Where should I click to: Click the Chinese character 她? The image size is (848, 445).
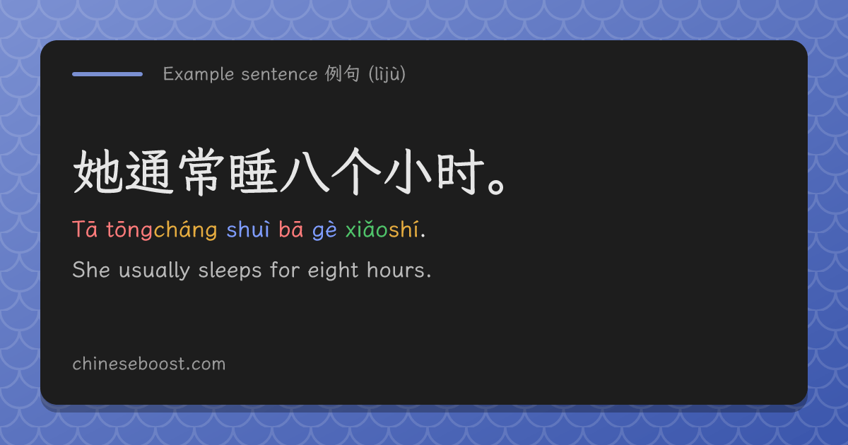(x=98, y=172)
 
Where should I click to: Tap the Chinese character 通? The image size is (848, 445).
(x=150, y=172)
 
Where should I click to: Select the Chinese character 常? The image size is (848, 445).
(x=201, y=172)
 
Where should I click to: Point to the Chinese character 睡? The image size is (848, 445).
(x=254, y=172)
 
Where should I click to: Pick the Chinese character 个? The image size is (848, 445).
(x=356, y=172)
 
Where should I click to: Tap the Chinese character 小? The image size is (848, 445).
(x=408, y=172)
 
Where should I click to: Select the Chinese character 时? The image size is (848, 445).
(x=460, y=172)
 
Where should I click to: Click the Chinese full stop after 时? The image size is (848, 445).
(x=496, y=186)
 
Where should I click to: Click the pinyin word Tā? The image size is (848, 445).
(x=85, y=230)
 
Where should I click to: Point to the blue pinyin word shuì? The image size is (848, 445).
(x=248, y=230)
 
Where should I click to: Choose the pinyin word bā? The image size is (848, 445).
(x=290, y=230)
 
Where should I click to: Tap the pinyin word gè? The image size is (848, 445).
(x=324, y=230)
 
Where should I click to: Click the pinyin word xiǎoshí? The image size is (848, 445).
(x=382, y=230)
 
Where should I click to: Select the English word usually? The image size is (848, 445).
(x=154, y=271)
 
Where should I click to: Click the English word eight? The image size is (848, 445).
(x=333, y=271)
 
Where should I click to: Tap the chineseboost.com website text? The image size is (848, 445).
(x=149, y=364)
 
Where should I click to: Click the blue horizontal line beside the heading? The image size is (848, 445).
(x=107, y=74)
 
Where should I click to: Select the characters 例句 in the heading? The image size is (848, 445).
(x=342, y=73)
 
